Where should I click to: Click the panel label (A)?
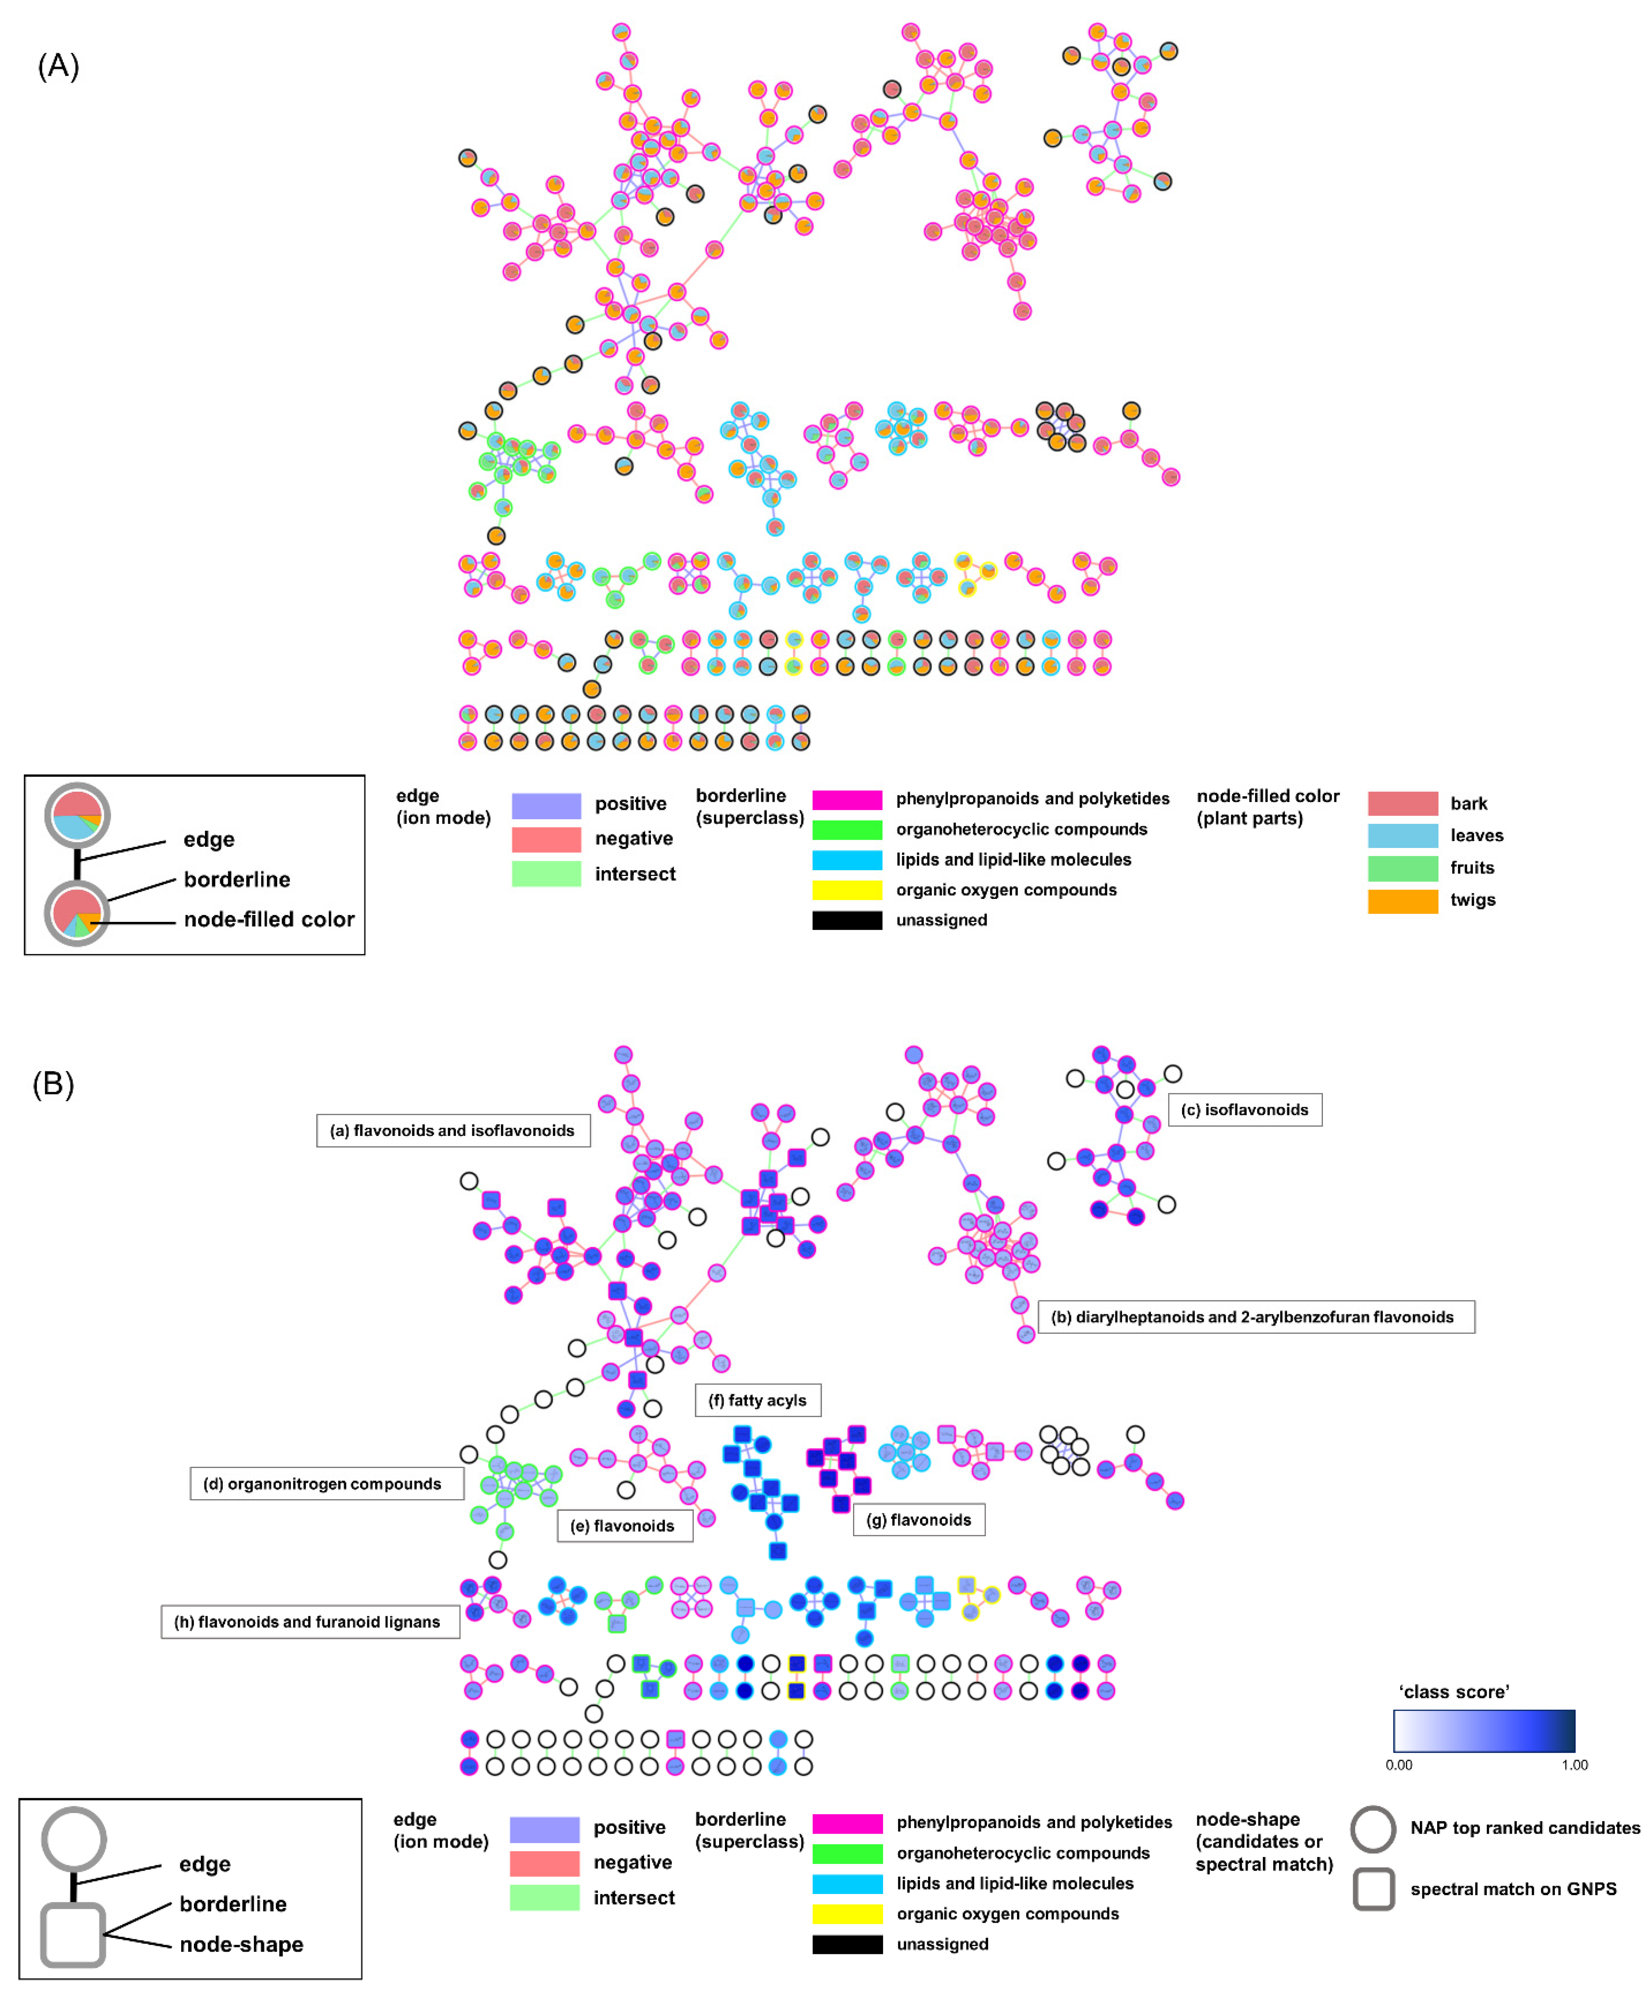click(58, 67)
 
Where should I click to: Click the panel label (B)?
click(53, 1084)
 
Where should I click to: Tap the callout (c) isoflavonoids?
click(1244, 1109)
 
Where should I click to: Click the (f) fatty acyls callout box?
click(757, 1400)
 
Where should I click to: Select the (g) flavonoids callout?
click(918, 1519)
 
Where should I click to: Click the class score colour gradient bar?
click(1484, 1731)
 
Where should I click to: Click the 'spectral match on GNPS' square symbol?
click(1373, 1889)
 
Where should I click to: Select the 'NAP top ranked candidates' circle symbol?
click(1373, 1829)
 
